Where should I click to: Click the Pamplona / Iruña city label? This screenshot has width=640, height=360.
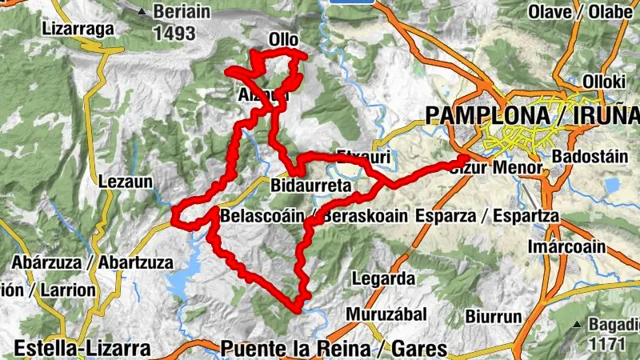pos(532,114)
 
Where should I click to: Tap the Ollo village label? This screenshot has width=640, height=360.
pos(283,39)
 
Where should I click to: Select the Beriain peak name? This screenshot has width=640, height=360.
pos(182,12)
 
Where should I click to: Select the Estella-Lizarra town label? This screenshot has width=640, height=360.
pos(82,349)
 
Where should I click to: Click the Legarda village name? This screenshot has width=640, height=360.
pos(383,279)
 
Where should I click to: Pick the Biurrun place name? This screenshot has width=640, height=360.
pos(494,317)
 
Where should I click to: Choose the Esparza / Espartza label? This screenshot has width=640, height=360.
pos(487,217)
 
